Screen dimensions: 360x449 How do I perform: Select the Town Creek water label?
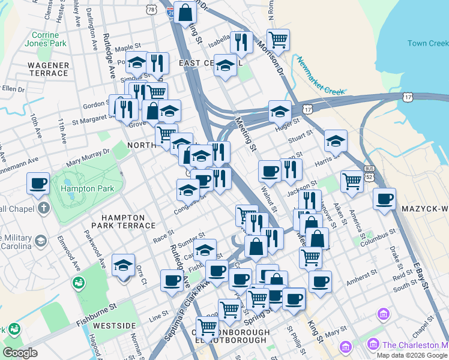pyautogui.click(x=427, y=43)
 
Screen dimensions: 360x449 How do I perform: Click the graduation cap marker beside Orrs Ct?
pyautogui.click(x=124, y=265)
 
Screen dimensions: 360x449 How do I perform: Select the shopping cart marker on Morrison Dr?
pyautogui.click(x=278, y=40)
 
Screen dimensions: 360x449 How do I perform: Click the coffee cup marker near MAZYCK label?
pyautogui.click(x=384, y=199)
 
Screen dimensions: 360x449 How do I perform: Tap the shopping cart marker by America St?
pyautogui.click(x=352, y=181)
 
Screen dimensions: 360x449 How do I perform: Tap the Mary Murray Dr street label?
pyautogui.click(x=88, y=158)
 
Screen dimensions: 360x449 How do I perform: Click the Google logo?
pyautogui.click(x=20, y=353)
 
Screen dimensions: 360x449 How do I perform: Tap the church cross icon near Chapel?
pyautogui.click(x=43, y=208)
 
